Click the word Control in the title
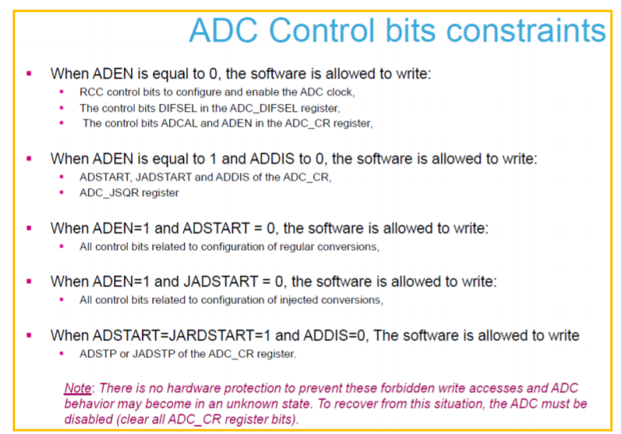pos(321,30)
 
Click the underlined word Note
pos(78,388)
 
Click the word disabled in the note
pos(89,420)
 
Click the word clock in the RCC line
pos(340,92)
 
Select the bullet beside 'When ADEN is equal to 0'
pos(29,73)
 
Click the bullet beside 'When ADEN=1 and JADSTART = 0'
pos(29,282)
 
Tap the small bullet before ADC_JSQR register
pos(61,193)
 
